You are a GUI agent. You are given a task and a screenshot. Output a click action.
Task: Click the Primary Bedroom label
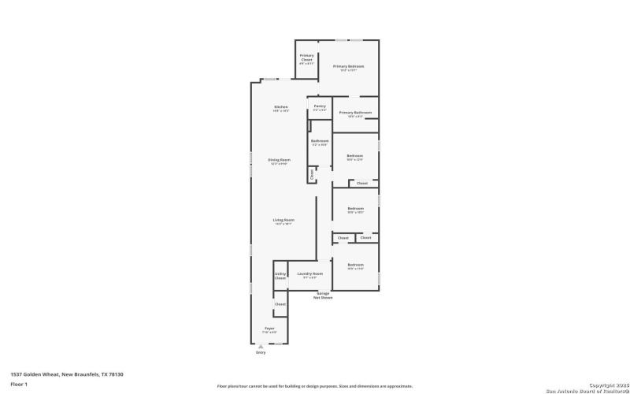pos(348,66)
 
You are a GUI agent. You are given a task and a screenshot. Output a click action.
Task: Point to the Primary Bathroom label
pos(355,113)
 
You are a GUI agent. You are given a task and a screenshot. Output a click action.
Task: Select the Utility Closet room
pos(280,275)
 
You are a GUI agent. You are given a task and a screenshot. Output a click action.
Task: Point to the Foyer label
pos(269,329)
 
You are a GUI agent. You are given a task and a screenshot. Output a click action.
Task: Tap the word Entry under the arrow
pos(261,352)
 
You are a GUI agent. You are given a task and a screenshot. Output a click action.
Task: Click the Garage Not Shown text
pos(323,295)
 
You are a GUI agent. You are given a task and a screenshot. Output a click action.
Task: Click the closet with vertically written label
pos(312,174)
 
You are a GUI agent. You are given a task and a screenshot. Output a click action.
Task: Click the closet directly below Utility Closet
pos(280,303)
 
